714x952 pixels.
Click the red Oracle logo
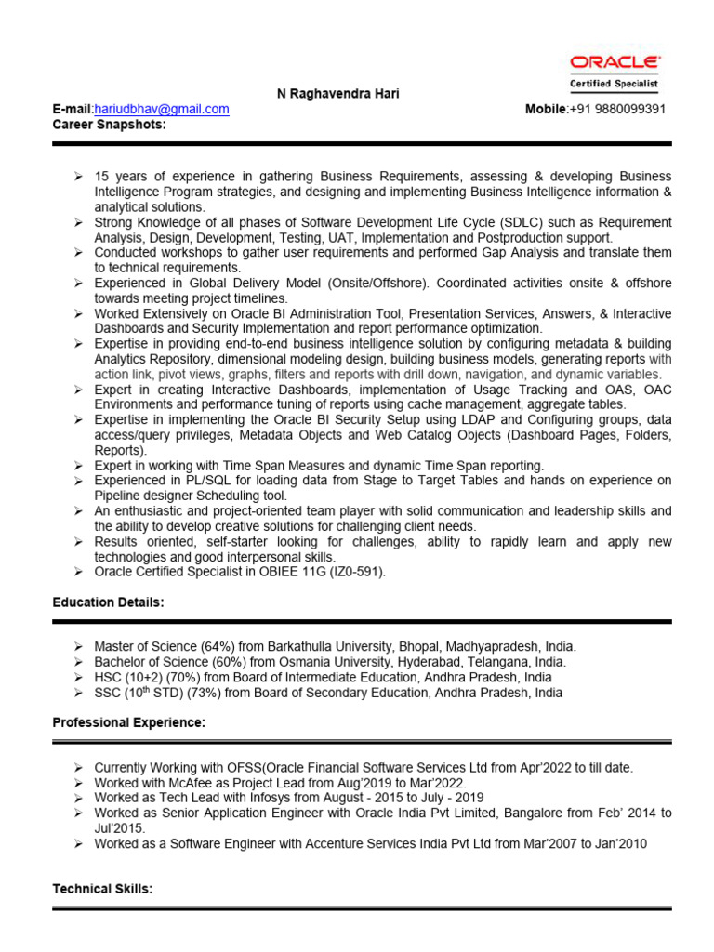coord(615,62)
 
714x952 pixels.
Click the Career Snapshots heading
coord(109,124)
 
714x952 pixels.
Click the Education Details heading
coord(108,602)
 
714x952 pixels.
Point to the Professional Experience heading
coord(128,722)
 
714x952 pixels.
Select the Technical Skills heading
coord(102,889)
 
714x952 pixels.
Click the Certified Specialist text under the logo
coord(615,84)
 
